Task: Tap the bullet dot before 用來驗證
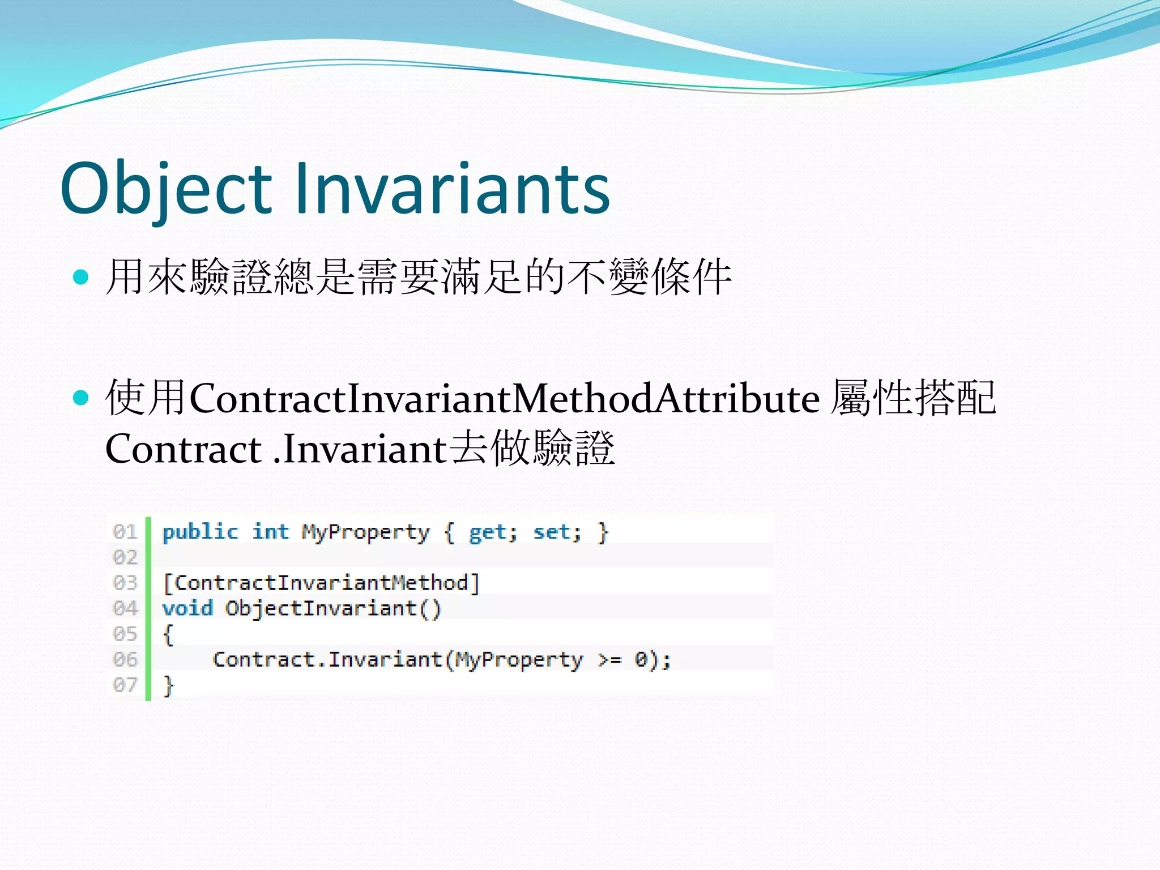click(x=82, y=277)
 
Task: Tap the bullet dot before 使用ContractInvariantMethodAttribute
click(x=82, y=398)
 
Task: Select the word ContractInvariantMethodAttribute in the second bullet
click(x=504, y=398)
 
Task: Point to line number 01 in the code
click(x=125, y=532)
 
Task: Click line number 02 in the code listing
click(x=125, y=557)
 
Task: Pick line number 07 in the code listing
click(x=125, y=685)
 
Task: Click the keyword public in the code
click(x=200, y=532)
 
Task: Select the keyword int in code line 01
click(x=270, y=532)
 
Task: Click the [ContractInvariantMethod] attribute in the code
click(x=321, y=583)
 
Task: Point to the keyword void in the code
click(x=187, y=608)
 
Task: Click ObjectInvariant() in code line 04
click(x=333, y=609)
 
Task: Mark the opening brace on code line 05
click(x=168, y=634)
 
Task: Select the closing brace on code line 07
click(x=168, y=685)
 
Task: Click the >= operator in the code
click(x=610, y=660)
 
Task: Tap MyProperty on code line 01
click(x=365, y=532)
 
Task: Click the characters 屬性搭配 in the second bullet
click(x=913, y=398)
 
